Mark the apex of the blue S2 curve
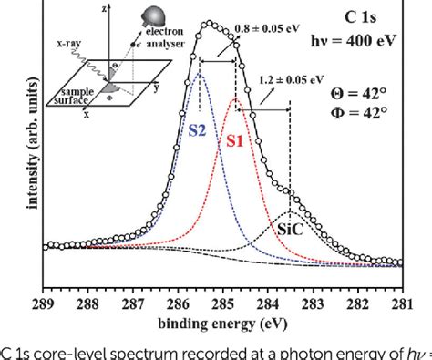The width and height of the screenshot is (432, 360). click(x=200, y=73)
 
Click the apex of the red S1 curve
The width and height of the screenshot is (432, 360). click(x=235, y=98)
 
